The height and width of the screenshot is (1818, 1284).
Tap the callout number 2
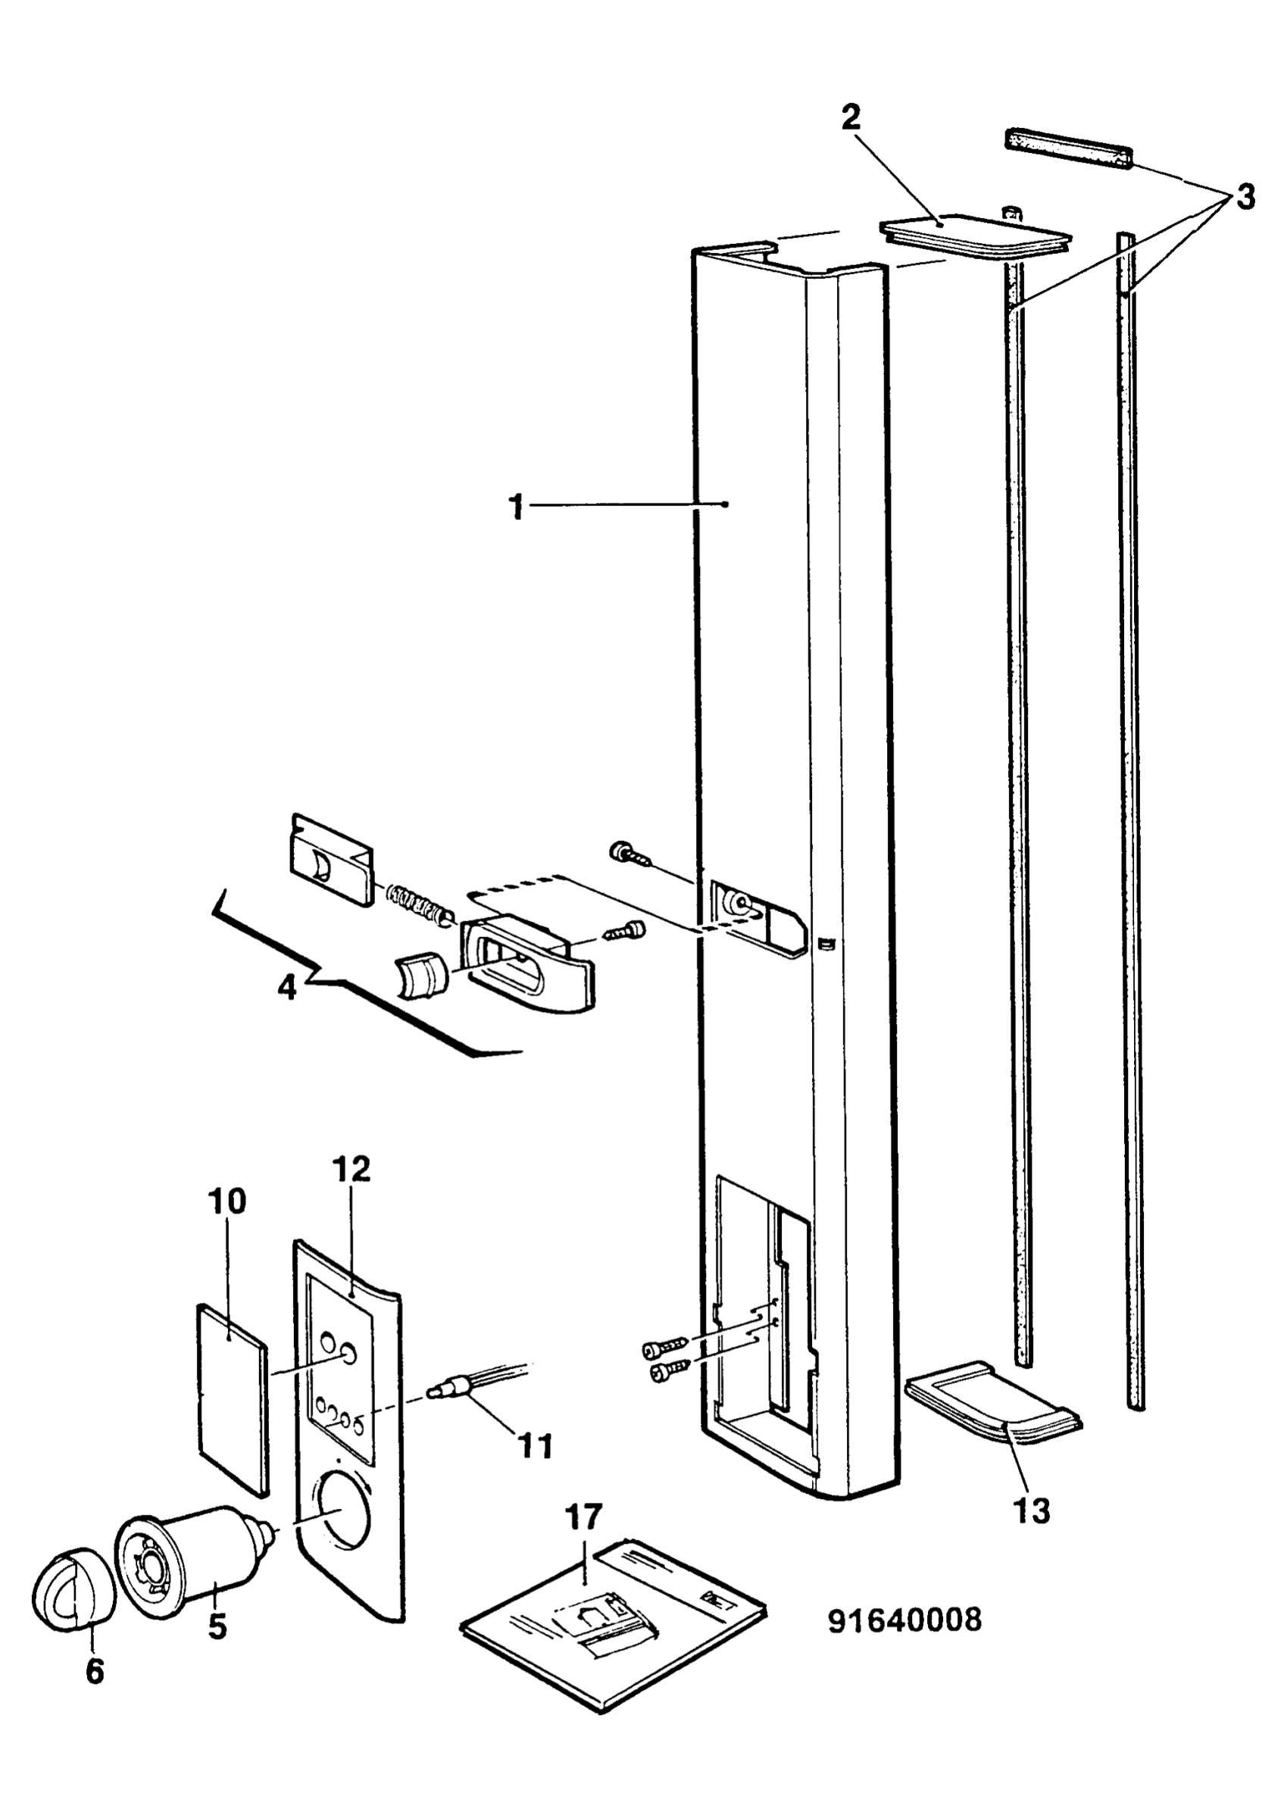click(851, 118)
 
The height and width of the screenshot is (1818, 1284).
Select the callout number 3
click(1245, 197)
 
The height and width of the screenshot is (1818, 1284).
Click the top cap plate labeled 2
click(973, 235)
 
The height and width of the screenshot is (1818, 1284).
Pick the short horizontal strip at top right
click(1070, 151)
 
